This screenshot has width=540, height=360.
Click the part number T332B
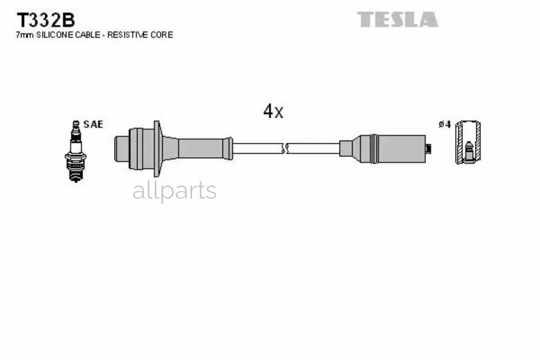tap(45, 20)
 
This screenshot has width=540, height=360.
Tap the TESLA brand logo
tap(398, 20)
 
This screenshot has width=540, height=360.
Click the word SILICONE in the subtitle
tap(57, 35)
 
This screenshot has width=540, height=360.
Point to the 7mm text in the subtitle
tap(24, 35)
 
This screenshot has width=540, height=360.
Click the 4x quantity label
tap(273, 111)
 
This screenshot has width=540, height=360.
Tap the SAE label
tap(93, 124)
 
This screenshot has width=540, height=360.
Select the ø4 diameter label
tap(445, 124)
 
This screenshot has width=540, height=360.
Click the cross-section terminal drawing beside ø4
tap(467, 143)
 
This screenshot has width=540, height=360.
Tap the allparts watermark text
tap(174, 191)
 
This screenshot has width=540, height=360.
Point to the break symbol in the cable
tap(285, 148)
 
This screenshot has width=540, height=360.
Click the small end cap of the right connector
tap(428, 148)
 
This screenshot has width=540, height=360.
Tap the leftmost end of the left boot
tap(118, 148)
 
